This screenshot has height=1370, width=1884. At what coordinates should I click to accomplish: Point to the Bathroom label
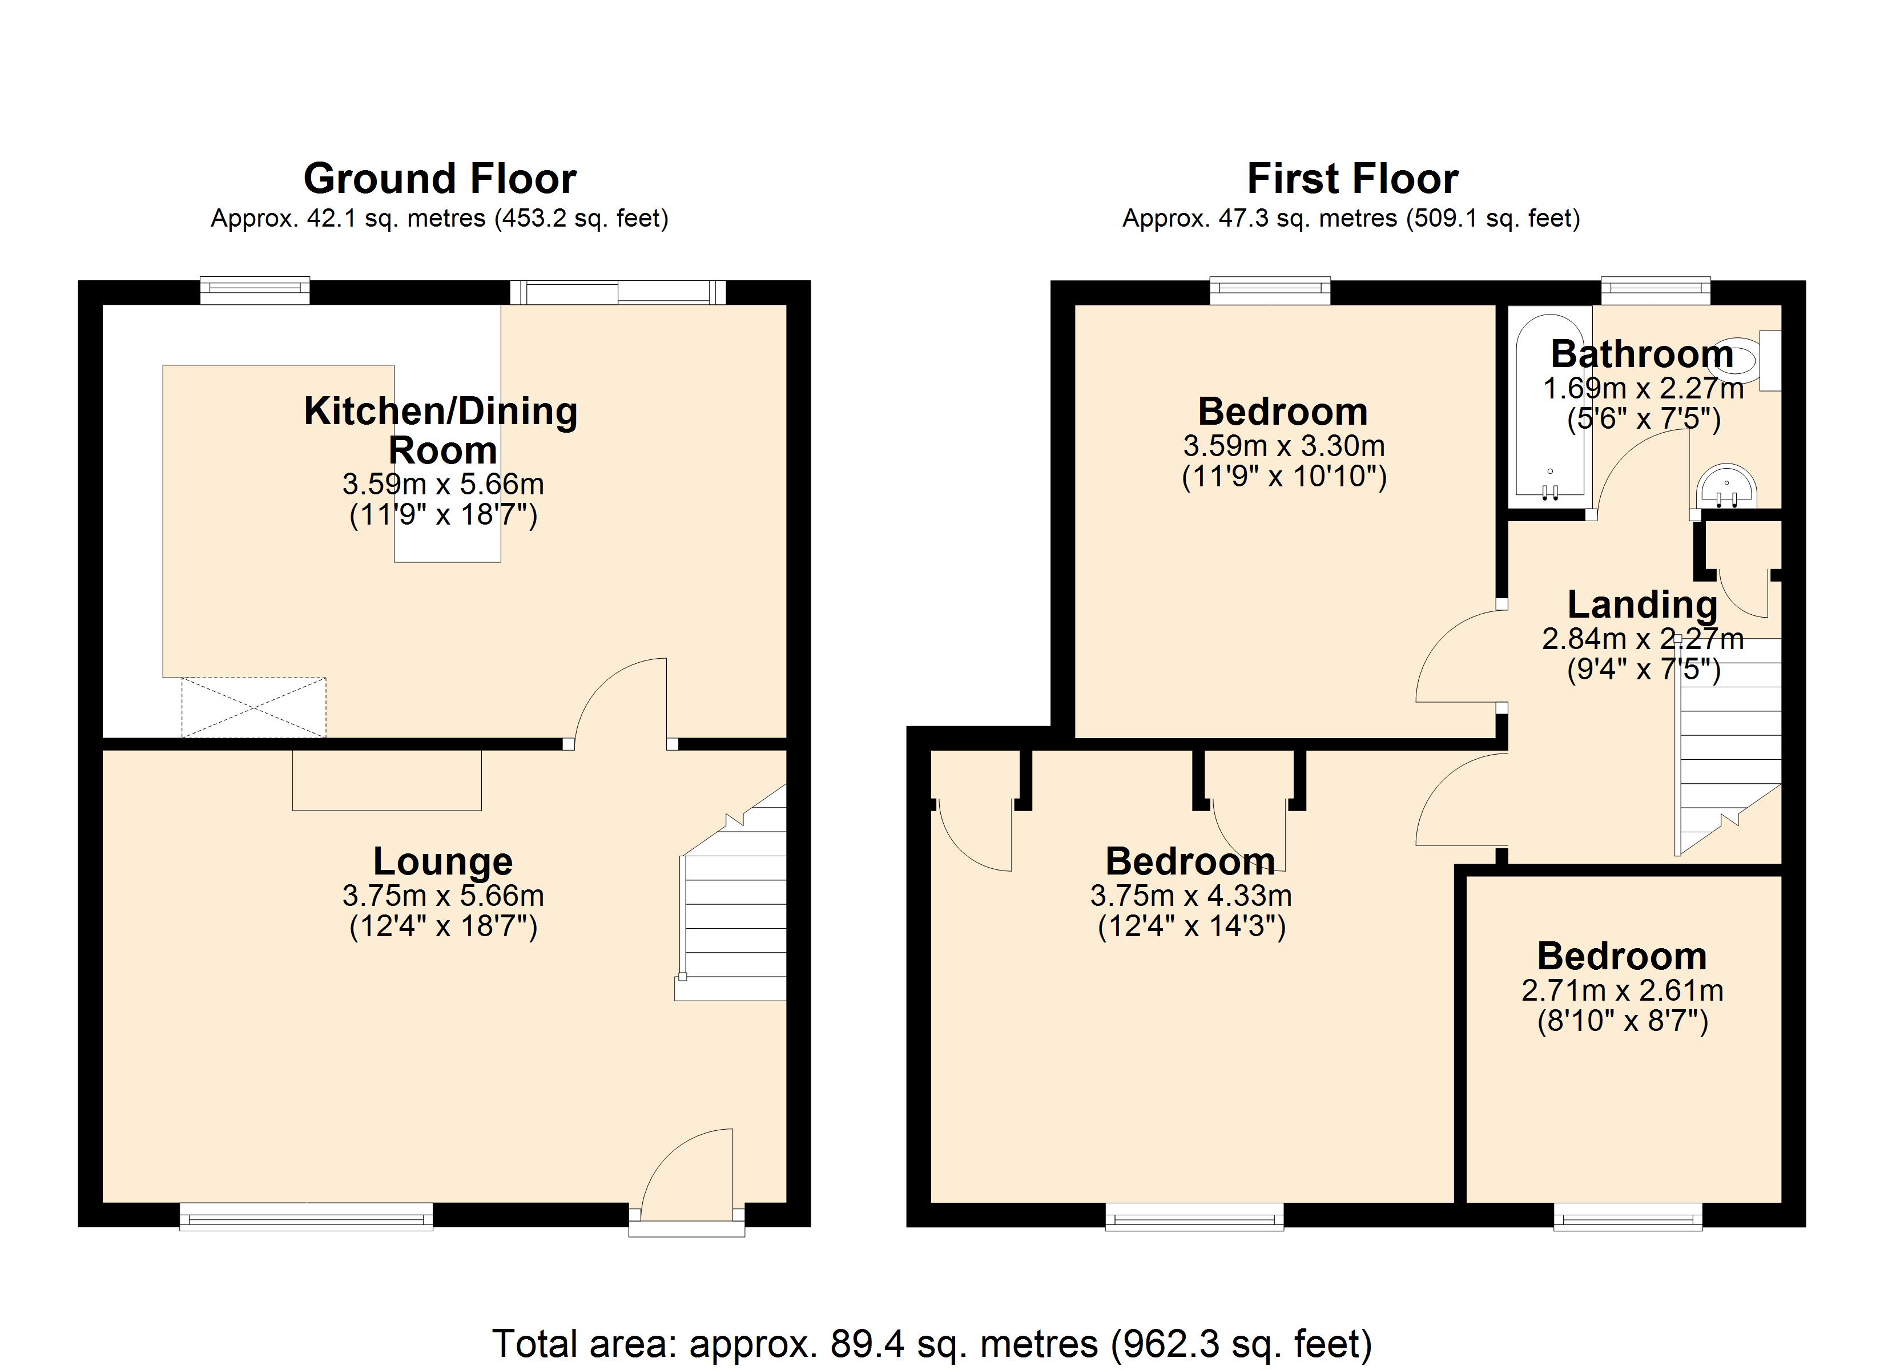pyautogui.click(x=1641, y=354)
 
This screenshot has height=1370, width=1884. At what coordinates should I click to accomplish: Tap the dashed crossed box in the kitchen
pyautogui.click(x=253, y=707)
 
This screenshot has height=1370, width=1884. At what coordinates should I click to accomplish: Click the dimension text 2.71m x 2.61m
pyautogui.click(x=1621, y=990)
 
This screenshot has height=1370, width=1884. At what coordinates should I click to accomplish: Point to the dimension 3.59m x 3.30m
pyautogui.click(x=1283, y=446)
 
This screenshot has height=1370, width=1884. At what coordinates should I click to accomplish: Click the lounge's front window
pyautogui.click(x=305, y=1219)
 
